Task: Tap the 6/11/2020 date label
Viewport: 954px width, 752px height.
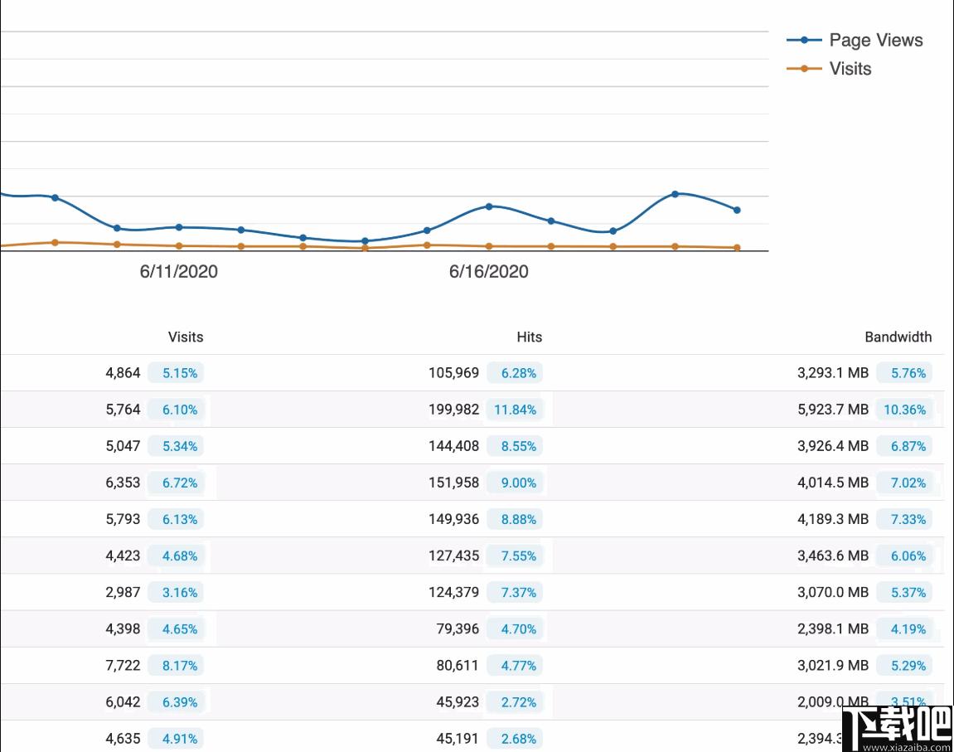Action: pyautogui.click(x=178, y=272)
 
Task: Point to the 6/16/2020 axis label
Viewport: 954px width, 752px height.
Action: pyautogui.click(x=488, y=272)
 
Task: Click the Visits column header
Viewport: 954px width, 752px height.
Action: pyautogui.click(x=185, y=337)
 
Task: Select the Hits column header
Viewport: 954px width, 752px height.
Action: pyautogui.click(x=529, y=337)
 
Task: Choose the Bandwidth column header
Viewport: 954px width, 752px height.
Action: pyautogui.click(x=898, y=337)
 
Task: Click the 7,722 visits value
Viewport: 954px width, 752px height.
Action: pyautogui.click(x=123, y=665)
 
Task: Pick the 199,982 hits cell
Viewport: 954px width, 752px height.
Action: pyautogui.click(x=453, y=410)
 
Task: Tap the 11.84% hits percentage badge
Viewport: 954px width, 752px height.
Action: pyautogui.click(x=515, y=410)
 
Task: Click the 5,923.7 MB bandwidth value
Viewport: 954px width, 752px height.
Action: pyautogui.click(x=832, y=410)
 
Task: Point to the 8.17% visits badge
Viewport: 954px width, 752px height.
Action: pyautogui.click(x=180, y=665)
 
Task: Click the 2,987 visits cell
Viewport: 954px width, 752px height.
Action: pyautogui.click(x=123, y=592)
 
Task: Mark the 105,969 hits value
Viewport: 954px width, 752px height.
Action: pyautogui.click(x=453, y=373)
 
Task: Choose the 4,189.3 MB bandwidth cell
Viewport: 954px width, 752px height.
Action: pyautogui.click(x=832, y=519)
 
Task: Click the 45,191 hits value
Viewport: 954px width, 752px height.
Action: pyautogui.click(x=458, y=738)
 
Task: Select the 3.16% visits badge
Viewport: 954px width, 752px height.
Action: pyautogui.click(x=180, y=592)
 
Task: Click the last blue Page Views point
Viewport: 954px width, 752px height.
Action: pyautogui.click(x=737, y=210)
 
